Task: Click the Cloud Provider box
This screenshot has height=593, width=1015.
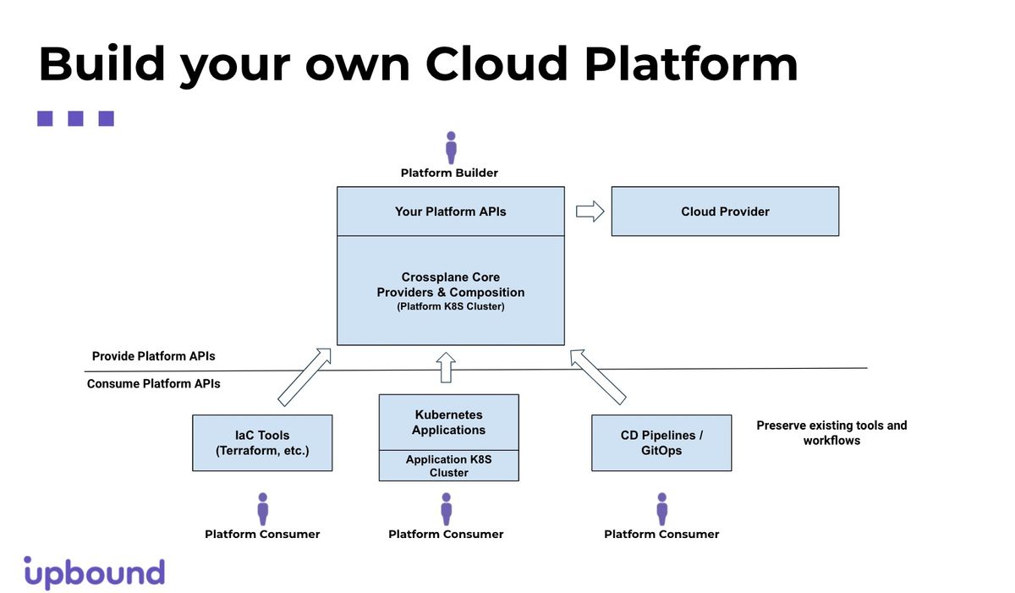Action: (725, 211)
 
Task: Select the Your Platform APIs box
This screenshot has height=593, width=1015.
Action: (450, 211)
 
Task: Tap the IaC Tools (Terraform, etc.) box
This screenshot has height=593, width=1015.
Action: (262, 442)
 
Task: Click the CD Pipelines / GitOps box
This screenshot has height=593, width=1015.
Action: (661, 442)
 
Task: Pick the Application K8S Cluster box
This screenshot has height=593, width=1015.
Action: (448, 466)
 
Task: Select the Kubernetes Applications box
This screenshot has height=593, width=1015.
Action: (448, 422)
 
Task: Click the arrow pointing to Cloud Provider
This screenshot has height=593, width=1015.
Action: (590, 211)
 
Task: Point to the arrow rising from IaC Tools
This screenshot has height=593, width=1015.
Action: (304, 377)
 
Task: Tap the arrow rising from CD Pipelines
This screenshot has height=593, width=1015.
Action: (598, 377)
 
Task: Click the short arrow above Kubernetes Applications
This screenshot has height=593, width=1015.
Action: (446, 367)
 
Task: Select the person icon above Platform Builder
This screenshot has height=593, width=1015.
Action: (451, 148)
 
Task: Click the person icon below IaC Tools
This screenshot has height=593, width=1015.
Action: (263, 509)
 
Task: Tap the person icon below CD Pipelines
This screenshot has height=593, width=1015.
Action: (662, 509)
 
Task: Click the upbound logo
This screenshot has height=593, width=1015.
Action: (94, 573)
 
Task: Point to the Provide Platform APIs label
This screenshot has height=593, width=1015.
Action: (154, 356)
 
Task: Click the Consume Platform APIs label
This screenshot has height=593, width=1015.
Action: (154, 384)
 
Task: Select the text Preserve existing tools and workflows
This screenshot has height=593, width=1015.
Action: (832, 432)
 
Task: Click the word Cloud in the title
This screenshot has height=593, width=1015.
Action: (497, 63)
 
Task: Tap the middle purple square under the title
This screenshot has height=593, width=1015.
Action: (75, 118)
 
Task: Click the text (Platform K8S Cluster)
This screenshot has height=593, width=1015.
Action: (450, 307)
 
